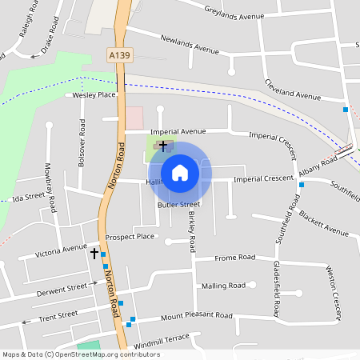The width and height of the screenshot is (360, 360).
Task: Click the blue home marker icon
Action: click(x=180, y=172)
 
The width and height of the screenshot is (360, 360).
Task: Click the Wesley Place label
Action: click(x=94, y=94)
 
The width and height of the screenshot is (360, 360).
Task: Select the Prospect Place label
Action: click(x=129, y=237)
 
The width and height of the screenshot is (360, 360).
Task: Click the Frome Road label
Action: click(x=234, y=258)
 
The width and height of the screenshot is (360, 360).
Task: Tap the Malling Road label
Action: click(x=223, y=286)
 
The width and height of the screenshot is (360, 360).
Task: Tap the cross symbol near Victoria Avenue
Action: click(x=94, y=254)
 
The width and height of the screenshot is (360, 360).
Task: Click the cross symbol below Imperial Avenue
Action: click(x=163, y=146)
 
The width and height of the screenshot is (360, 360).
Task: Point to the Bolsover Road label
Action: click(x=81, y=144)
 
